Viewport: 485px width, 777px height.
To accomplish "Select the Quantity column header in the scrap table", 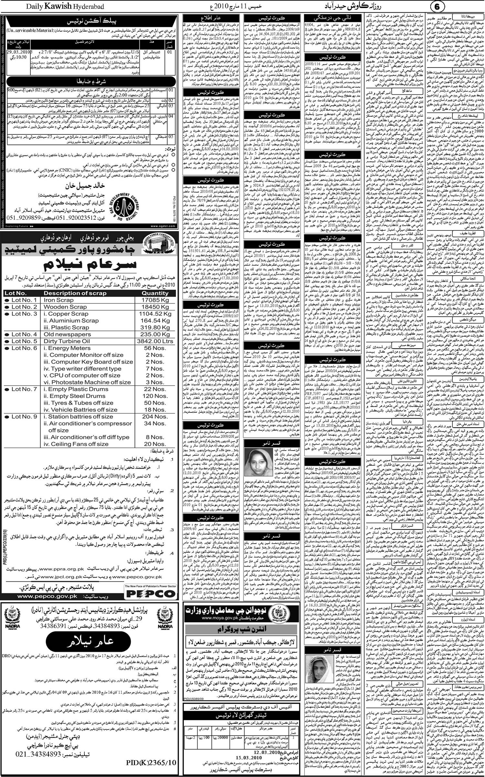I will coord(155,293).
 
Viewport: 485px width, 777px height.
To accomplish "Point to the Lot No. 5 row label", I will coord(21,341).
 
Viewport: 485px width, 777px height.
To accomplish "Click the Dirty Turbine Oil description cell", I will coord(67,341).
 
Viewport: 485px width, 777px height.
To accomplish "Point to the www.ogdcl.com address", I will coord(163,226).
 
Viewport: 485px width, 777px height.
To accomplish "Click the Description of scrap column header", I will coord(75,293).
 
